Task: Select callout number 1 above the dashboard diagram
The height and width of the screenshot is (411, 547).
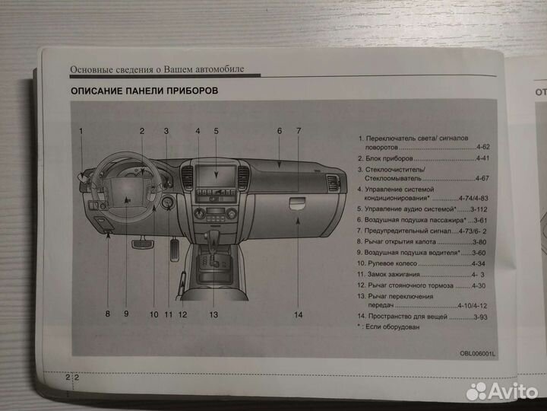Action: point(80,131)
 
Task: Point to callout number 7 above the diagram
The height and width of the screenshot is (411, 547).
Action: point(299,131)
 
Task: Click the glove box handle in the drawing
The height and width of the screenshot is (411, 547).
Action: point(299,202)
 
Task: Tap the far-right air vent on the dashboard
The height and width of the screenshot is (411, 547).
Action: point(331,182)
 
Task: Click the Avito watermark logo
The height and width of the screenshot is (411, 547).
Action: point(501,391)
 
